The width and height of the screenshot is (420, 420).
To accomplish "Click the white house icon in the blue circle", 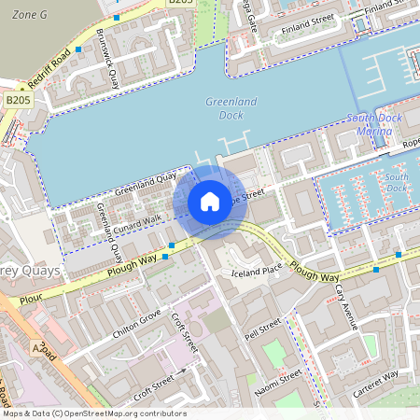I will [x=210, y=202].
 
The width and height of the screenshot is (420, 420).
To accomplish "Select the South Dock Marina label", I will [x=374, y=124].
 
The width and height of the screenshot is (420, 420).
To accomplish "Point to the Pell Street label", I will [x=262, y=328].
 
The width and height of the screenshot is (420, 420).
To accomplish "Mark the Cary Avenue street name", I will [x=346, y=308].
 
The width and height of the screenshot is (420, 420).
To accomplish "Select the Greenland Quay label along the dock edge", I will [x=145, y=183].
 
